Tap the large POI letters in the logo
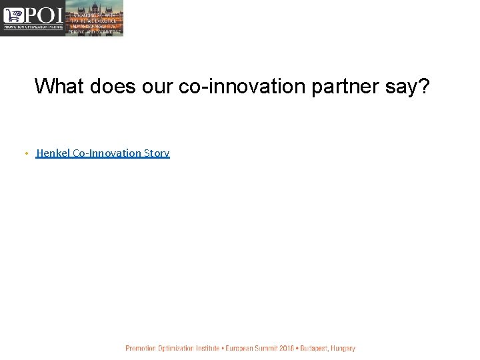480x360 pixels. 42,15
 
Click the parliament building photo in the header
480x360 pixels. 95,18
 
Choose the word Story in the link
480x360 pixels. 157,153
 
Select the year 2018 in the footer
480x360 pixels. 287,348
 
